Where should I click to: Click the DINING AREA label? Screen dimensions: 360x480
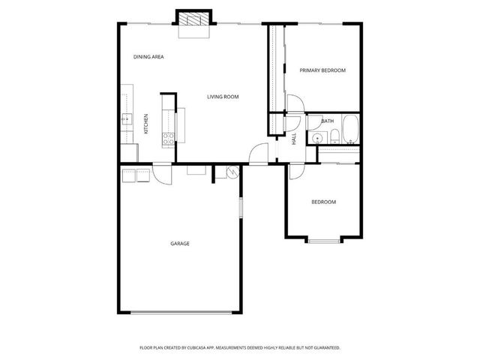(148, 57)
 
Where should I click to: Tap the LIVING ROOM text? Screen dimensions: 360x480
(223, 97)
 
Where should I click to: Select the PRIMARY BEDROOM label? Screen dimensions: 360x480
(322, 70)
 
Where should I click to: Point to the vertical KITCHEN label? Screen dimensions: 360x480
(145, 124)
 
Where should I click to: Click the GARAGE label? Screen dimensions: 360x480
(179, 244)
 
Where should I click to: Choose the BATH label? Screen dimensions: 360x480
(328, 121)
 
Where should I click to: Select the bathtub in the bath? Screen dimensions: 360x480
(349, 132)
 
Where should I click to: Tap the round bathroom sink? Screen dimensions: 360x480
(318, 138)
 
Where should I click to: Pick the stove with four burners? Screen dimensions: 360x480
(169, 138)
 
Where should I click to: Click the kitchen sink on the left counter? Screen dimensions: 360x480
(126, 118)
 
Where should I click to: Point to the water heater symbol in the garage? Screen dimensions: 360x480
(231, 173)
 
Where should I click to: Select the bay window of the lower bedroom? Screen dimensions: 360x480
(324, 240)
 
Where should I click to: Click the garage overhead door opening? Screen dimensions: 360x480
(180, 312)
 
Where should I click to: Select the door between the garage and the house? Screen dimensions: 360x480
(161, 173)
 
